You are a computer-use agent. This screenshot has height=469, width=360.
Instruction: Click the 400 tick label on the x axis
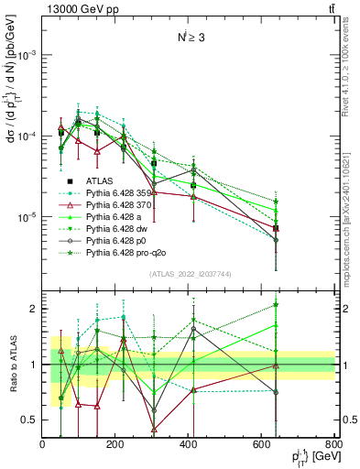189,446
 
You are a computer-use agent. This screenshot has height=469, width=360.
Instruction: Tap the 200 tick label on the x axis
115,446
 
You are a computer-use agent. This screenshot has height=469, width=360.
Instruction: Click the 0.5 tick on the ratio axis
32,420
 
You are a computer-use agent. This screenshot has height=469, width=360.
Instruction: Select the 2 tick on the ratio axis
36,309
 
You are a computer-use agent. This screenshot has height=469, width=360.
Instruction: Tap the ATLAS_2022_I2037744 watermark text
189,275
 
